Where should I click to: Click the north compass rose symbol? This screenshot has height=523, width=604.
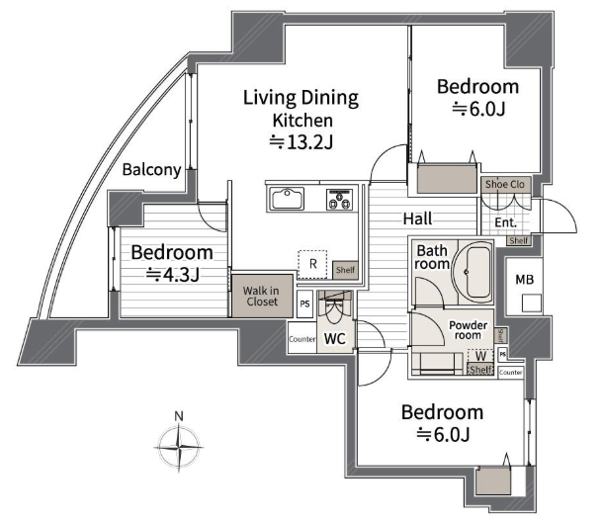tap(178, 447)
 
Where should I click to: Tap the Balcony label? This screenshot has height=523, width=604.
tap(151, 169)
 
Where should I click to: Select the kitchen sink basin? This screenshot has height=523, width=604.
tap(287, 199)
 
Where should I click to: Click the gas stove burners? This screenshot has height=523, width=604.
tap(339, 199)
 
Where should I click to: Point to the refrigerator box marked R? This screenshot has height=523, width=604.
tap(312, 265)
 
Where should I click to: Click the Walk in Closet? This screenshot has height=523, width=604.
tap(262, 296)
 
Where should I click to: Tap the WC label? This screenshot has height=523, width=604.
tap(335, 339)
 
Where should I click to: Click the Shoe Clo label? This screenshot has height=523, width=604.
tap(504, 185)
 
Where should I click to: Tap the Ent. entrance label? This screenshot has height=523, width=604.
tap(505, 222)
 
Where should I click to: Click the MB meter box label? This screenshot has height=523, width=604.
tap(525, 279)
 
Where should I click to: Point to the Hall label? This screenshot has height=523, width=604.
tap(417, 218)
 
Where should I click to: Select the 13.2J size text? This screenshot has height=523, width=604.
tap(301, 142)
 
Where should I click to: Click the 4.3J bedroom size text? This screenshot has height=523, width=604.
tap(173, 275)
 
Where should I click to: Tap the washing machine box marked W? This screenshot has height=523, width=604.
tap(480, 356)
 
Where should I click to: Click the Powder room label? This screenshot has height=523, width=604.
tap(468, 330)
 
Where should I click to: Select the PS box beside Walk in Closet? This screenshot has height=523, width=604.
tap(304, 304)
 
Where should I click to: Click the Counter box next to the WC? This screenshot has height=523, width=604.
tap(302, 338)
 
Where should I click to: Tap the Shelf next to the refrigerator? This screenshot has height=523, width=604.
tap(345, 270)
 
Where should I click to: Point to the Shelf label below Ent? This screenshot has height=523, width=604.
tap(518, 240)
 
